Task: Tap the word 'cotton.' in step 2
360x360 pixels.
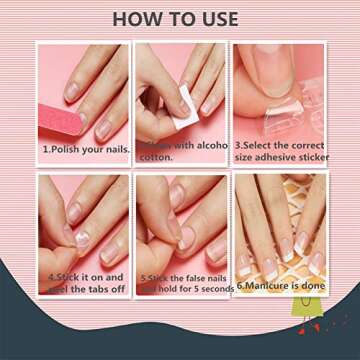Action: point(157,157)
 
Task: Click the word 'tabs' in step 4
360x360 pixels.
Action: point(93,288)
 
